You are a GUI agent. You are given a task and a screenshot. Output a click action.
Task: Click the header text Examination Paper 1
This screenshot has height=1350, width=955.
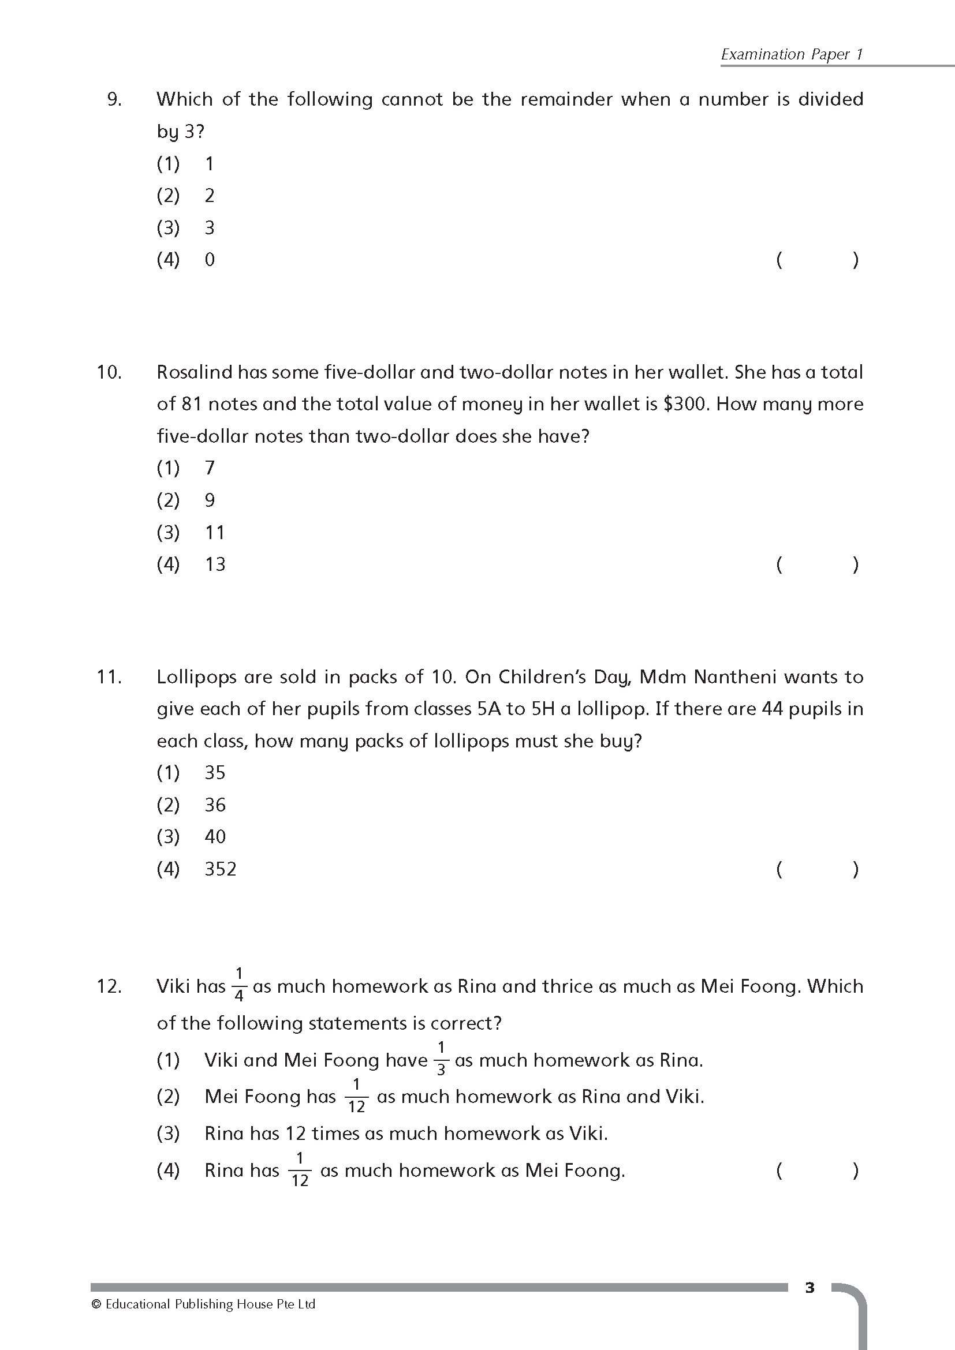click(792, 54)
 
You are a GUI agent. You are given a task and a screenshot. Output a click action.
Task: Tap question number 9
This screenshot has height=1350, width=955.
click(114, 99)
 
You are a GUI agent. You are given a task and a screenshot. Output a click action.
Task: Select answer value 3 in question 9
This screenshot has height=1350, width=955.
click(210, 227)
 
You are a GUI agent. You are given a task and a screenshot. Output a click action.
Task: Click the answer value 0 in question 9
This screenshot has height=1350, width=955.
click(210, 259)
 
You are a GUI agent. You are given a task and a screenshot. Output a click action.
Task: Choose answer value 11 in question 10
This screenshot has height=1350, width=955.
click(215, 533)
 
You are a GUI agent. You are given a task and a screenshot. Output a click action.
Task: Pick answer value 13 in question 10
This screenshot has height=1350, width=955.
click(215, 564)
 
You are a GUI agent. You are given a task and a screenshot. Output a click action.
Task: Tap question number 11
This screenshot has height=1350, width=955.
click(109, 678)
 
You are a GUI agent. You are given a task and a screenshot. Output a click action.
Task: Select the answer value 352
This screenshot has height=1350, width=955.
click(221, 869)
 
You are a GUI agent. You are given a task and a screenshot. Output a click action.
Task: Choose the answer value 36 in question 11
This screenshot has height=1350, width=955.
click(215, 805)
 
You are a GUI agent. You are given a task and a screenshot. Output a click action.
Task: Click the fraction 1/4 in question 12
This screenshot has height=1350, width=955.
click(239, 985)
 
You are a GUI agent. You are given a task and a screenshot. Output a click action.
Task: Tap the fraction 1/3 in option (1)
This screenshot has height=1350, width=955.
click(441, 1059)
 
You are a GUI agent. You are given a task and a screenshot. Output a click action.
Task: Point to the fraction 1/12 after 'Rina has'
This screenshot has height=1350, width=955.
click(300, 1170)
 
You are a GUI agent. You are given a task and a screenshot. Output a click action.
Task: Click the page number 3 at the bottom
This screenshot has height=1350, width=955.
click(809, 1288)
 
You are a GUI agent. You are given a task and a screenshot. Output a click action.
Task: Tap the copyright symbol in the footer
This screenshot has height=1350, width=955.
click(96, 1304)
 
